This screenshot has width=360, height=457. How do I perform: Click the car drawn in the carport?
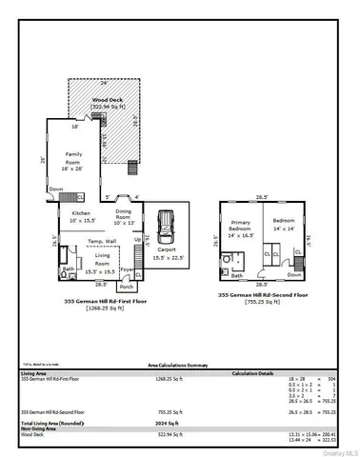[x=167, y=227]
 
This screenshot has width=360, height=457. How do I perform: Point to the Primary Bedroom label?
[x=239, y=231]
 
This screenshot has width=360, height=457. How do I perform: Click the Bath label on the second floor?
[x=235, y=275]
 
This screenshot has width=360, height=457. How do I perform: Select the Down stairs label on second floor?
[x=293, y=274]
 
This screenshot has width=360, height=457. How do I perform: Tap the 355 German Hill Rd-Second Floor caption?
[x=263, y=295]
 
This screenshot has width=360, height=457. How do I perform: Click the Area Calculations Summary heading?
[x=179, y=365]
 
